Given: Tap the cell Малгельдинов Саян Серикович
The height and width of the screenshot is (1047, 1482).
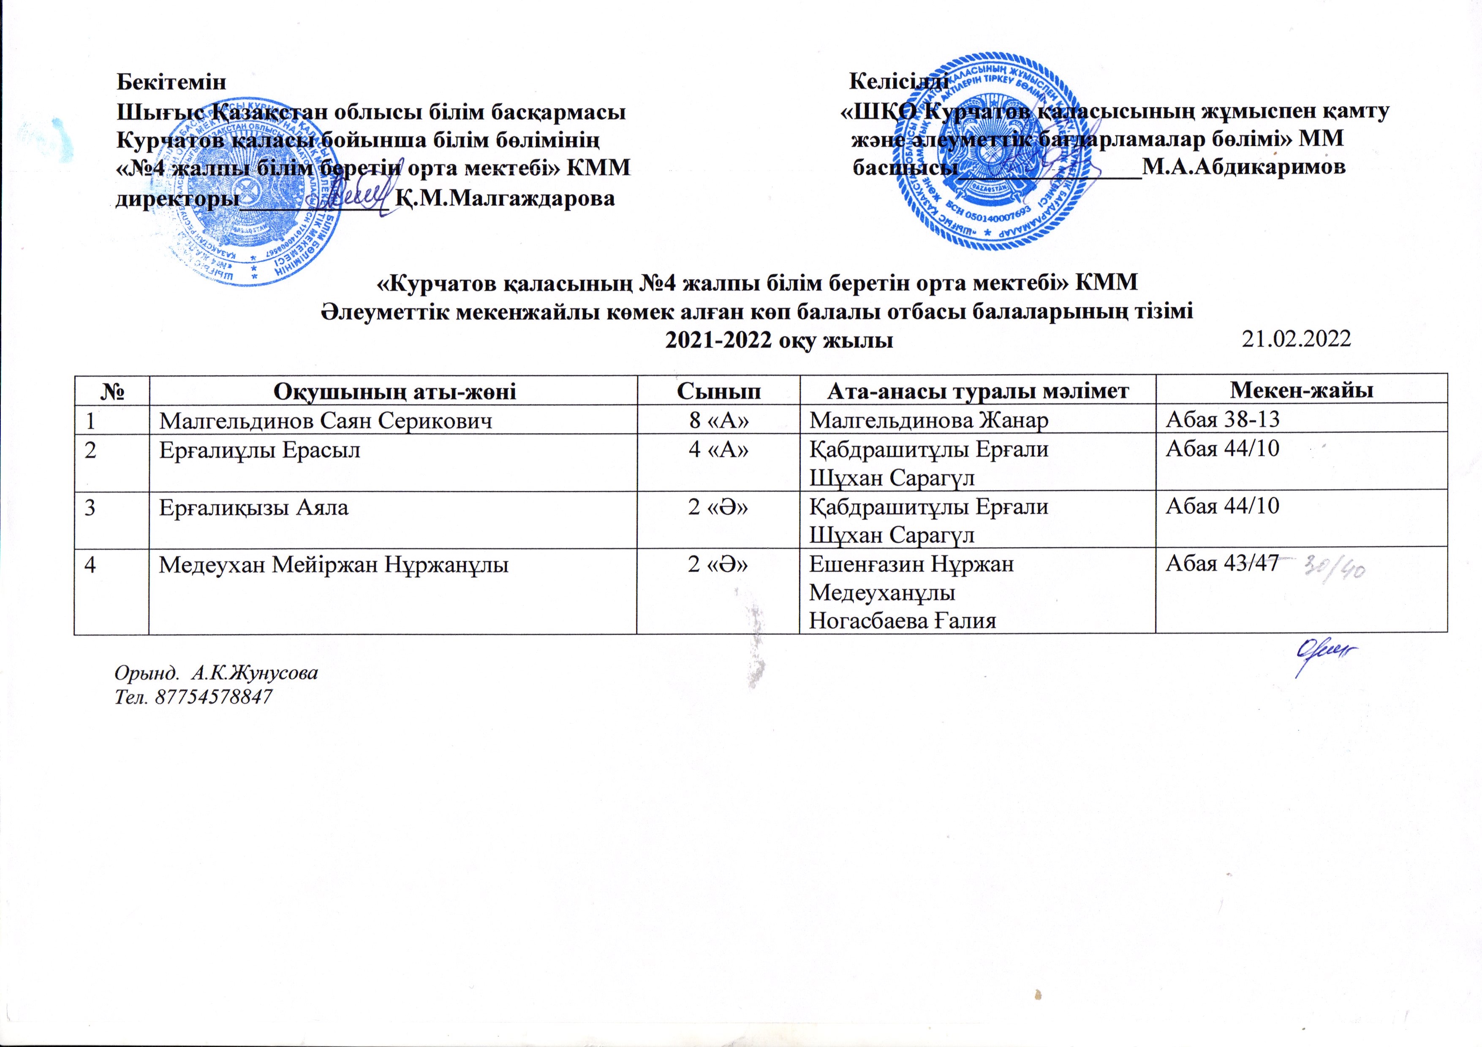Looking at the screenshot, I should tap(326, 421).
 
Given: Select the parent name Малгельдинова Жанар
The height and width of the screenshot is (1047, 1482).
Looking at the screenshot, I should tap(929, 421).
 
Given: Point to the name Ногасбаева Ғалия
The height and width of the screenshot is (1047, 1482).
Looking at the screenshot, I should tap(903, 621).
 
